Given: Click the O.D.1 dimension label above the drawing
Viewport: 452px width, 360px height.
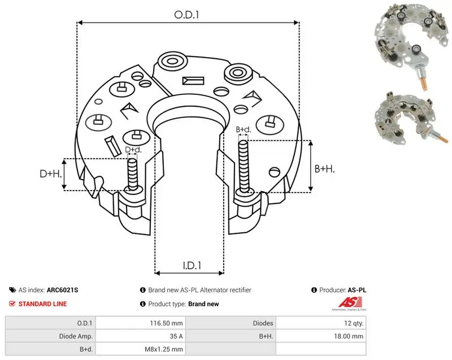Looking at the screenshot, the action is pos(186,15).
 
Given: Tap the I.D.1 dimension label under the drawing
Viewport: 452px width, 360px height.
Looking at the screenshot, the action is pos(192,266).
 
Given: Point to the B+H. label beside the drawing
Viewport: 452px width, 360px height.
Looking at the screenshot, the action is pos(324,168).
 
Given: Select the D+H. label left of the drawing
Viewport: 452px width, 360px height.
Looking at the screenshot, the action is pos(51,174).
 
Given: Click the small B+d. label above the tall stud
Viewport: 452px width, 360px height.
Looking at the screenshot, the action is pos(244,129).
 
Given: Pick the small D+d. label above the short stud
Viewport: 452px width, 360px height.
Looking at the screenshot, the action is pos(133,150).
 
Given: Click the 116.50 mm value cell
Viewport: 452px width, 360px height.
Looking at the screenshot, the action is pos(166,323).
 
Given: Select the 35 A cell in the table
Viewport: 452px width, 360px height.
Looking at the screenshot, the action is pos(176,336).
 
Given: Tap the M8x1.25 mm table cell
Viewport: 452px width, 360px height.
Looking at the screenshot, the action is pos(164,349).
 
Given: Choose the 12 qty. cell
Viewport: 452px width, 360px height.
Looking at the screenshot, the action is pos(354,323).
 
